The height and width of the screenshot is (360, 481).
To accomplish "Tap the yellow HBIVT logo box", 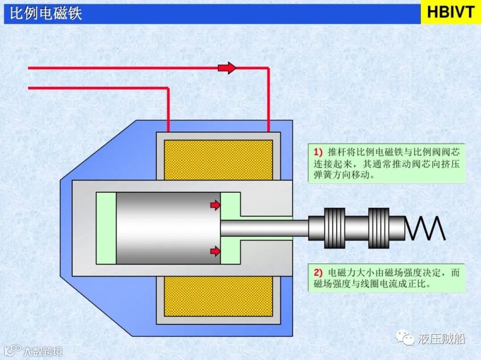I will click(450, 12).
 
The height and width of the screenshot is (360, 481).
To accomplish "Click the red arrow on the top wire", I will click(227, 68).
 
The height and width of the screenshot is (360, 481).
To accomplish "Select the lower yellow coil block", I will click(218, 296).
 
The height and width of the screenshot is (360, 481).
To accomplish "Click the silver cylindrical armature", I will click(168, 228).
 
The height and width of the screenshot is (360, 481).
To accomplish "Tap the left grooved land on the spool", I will click(334, 228).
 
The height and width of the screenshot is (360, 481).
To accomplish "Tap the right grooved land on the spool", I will click(379, 228).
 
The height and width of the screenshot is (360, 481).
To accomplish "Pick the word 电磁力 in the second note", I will click(341, 273).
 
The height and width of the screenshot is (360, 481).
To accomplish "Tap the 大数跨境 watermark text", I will click(43, 351).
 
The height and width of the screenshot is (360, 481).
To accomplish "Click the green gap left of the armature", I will click(106, 228).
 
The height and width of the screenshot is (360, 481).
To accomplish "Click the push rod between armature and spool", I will click(265, 228).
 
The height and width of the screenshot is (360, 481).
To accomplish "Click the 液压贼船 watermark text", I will click(441, 339).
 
